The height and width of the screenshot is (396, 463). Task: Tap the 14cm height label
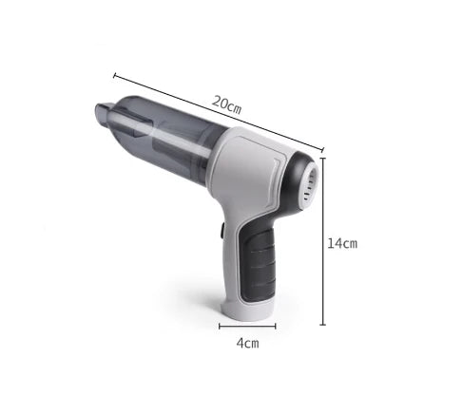pos(342,243)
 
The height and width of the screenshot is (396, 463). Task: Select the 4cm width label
pos(246,343)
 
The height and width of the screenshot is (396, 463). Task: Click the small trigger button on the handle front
pos(219,229)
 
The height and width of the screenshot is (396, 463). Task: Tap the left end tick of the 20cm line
pos(114,74)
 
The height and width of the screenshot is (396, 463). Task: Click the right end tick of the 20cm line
pos(323,149)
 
